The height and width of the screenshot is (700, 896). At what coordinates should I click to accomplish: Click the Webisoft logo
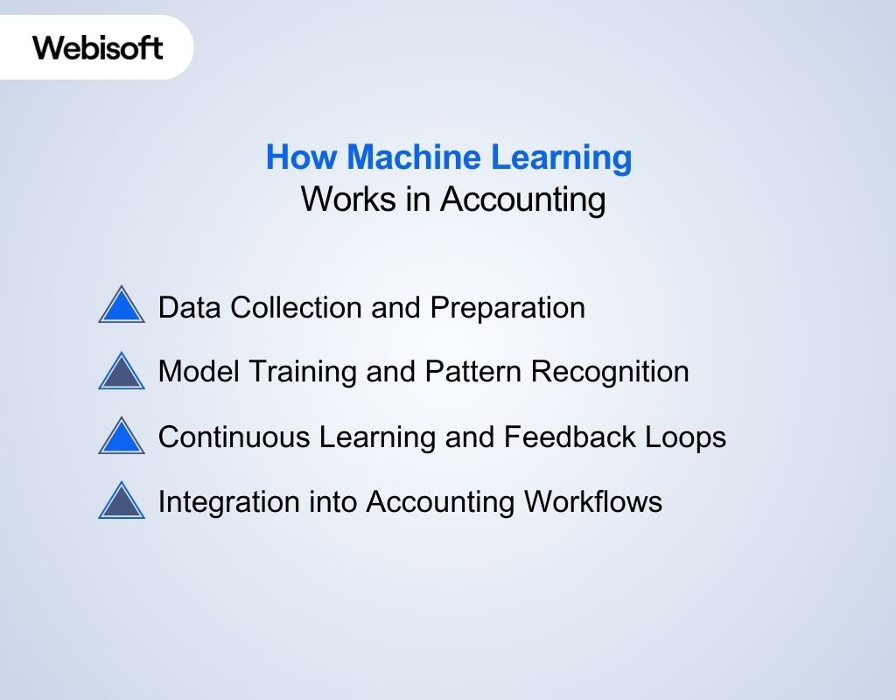(98, 47)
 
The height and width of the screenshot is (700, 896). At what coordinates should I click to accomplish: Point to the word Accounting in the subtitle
(522, 199)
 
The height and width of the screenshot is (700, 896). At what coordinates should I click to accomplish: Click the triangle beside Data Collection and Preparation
(122, 306)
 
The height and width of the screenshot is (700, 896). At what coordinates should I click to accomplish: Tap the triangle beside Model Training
(122, 371)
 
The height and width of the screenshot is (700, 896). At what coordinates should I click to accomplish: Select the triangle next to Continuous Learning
(122, 437)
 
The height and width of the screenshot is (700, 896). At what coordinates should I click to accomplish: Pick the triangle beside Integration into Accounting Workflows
(122, 502)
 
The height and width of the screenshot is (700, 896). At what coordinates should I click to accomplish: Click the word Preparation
(507, 308)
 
